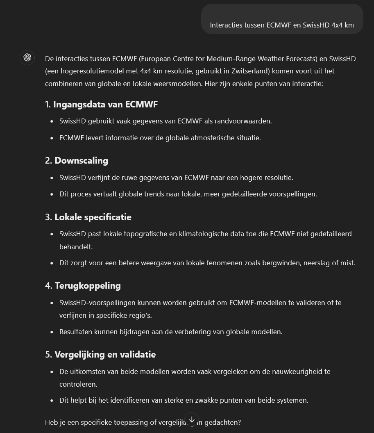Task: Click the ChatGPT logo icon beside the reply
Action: pos(27,57)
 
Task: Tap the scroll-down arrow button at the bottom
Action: pos(192,419)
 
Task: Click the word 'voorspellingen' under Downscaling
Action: pos(293,194)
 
